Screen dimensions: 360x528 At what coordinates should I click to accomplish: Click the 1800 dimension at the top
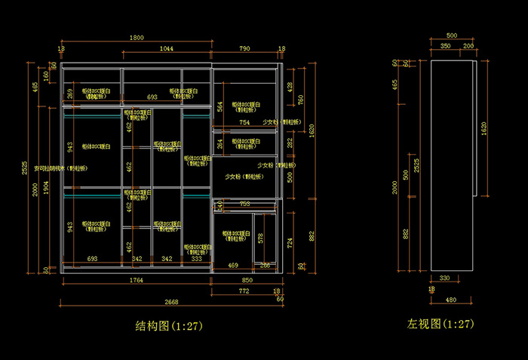tap(137, 38)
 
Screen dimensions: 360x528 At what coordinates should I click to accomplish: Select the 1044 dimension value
tap(166, 48)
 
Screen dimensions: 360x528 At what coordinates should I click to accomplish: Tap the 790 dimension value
tap(244, 48)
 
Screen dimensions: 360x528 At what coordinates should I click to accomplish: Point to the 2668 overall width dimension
tap(171, 301)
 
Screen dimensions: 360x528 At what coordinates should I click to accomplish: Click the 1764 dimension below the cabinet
tap(135, 280)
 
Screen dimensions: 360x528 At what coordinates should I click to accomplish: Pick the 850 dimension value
tap(246, 280)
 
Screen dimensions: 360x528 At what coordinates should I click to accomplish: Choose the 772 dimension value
tap(244, 291)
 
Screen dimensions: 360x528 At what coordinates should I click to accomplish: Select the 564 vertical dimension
tap(220, 106)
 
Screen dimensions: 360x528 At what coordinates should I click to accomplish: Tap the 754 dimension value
tap(244, 122)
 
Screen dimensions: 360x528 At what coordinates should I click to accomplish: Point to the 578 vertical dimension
tap(261, 238)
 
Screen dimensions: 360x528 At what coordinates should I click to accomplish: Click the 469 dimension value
tap(233, 265)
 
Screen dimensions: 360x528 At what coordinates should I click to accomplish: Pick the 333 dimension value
tap(197, 259)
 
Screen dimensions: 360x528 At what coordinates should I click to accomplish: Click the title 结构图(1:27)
tap(169, 326)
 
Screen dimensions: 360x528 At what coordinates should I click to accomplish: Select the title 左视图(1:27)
tap(441, 324)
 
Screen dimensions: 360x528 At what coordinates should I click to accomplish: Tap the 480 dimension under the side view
tap(450, 300)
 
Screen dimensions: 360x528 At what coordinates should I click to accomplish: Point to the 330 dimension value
tap(444, 278)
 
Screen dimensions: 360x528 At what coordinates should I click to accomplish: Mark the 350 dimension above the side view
tap(446, 46)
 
